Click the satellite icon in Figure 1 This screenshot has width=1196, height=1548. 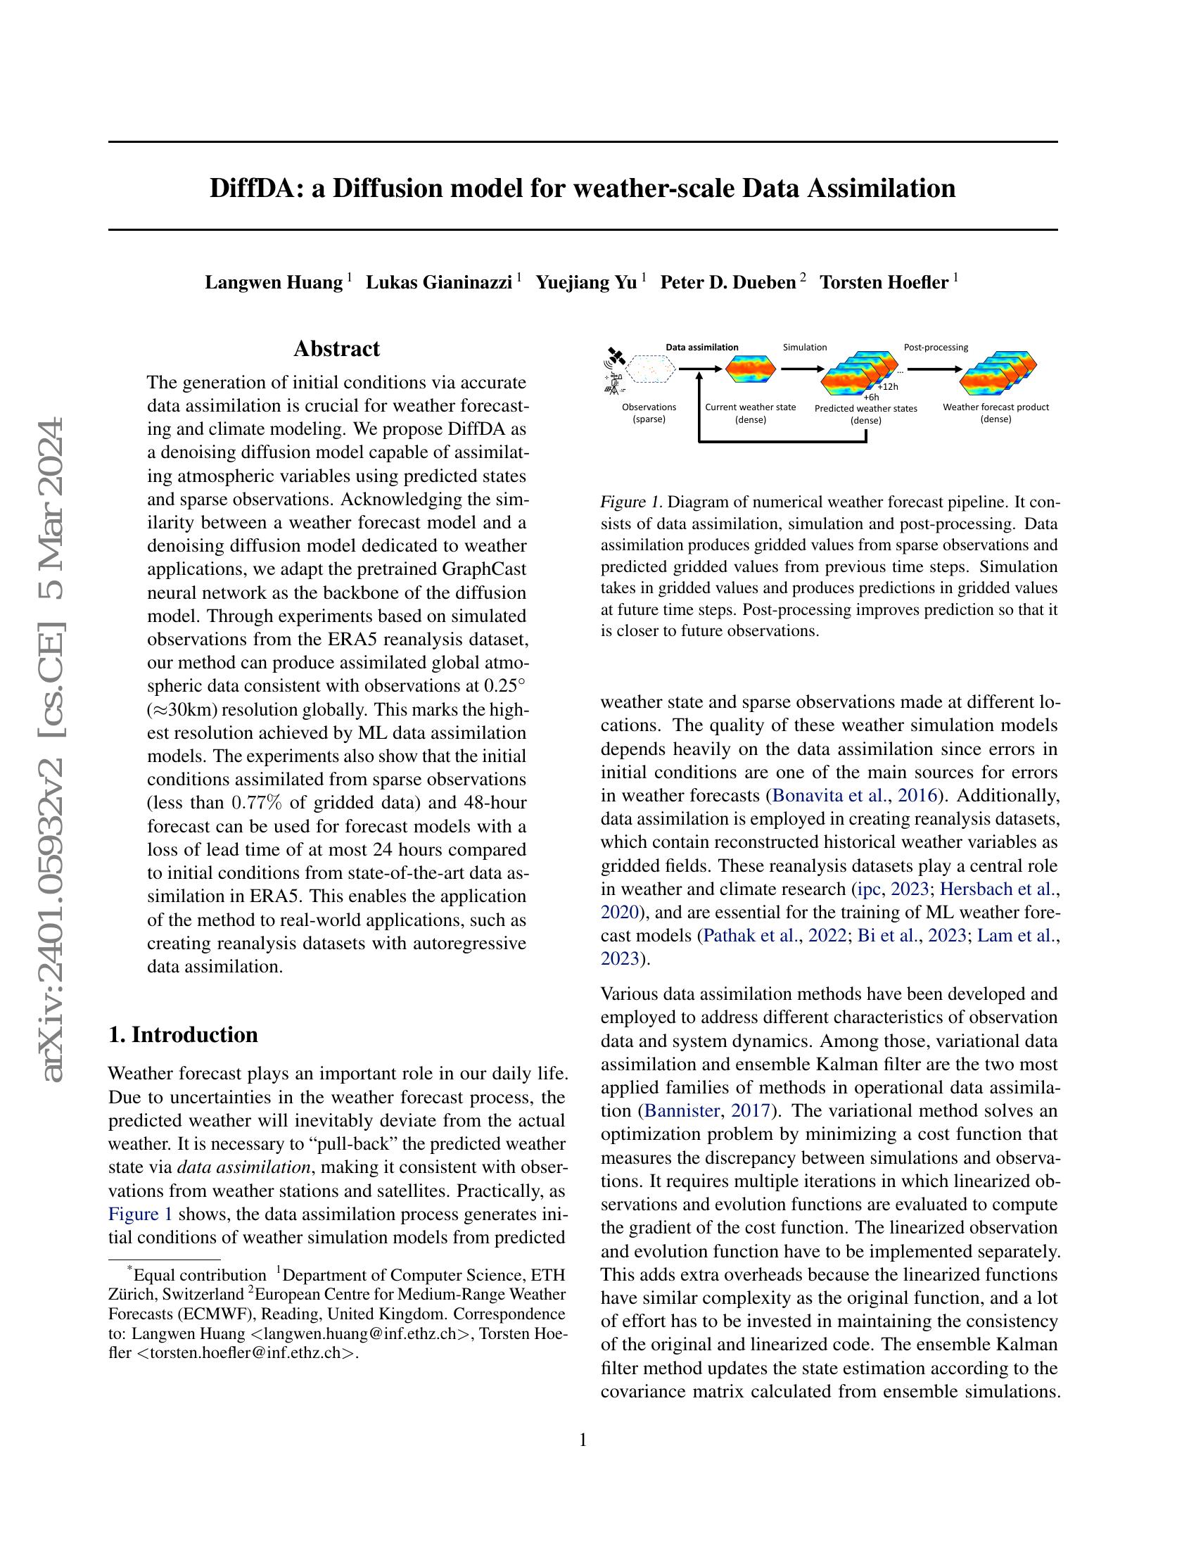(x=616, y=355)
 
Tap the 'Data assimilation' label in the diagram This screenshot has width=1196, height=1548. (x=701, y=348)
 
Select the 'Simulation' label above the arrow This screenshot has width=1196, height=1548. (x=804, y=348)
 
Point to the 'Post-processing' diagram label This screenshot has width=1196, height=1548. (x=935, y=348)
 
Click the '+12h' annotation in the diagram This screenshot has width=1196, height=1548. (x=887, y=387)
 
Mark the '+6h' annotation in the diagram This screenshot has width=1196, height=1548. (x=871, y=398)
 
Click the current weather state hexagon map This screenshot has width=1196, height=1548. (x=751, y=369)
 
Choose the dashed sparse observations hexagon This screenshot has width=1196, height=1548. (x=649, y=369)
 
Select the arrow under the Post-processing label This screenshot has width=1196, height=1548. (x=934, y=369)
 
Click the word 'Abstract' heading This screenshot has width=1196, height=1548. (x=336, y=349)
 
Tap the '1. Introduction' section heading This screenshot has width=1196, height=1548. (x=183, y=1035)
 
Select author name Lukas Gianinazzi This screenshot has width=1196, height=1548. (x=438, y=283)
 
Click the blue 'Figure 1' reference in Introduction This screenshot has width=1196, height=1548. (x=140, y=1214)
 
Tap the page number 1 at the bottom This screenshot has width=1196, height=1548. (x=583, y=1440)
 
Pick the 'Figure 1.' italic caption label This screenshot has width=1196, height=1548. (x=630, y=502)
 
